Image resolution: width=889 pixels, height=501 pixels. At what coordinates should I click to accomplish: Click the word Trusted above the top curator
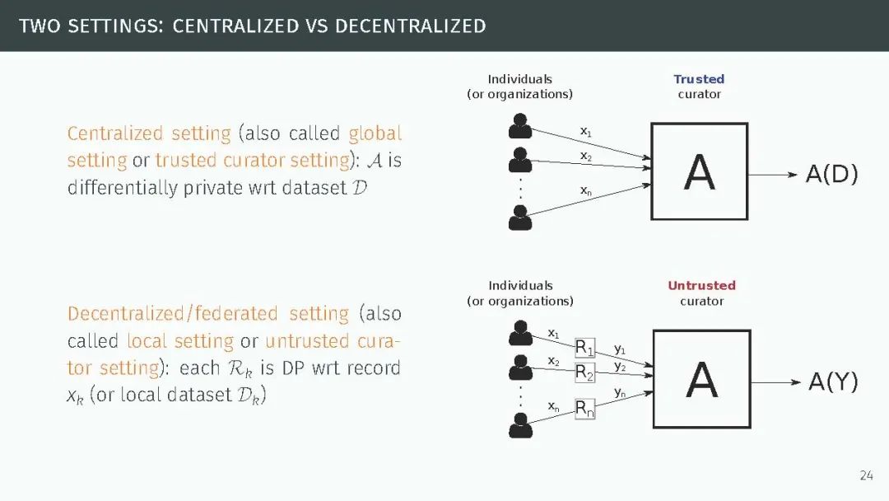699,79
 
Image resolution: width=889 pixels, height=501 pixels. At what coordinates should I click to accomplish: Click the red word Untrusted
701,285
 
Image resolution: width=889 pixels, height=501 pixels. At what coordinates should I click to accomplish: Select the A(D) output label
831,174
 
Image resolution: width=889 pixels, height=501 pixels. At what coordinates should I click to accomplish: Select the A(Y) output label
833,381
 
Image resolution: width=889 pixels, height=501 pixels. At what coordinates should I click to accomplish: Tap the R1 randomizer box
584,347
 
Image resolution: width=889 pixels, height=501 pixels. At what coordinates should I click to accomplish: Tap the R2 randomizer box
584,372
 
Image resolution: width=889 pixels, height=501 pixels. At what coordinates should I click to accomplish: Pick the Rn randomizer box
584,407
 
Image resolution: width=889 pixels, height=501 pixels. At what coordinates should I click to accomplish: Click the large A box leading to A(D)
699,171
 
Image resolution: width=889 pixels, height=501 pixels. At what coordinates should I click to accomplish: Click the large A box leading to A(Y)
701,379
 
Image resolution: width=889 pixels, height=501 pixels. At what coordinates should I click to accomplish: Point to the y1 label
620,349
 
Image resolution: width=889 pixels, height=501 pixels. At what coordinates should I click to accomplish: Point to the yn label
620,392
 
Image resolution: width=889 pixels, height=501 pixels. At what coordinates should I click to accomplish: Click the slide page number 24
866,475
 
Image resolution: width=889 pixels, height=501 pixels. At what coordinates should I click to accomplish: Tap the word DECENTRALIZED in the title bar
410,26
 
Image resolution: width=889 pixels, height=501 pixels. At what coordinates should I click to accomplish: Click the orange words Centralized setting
149,133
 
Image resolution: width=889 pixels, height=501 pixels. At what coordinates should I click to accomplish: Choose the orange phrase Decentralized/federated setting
208,314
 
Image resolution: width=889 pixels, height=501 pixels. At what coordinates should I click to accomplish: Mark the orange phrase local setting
180,341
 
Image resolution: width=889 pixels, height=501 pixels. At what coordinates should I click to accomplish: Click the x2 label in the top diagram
585,156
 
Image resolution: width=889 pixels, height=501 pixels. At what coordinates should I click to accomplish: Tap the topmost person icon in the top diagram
519,126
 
